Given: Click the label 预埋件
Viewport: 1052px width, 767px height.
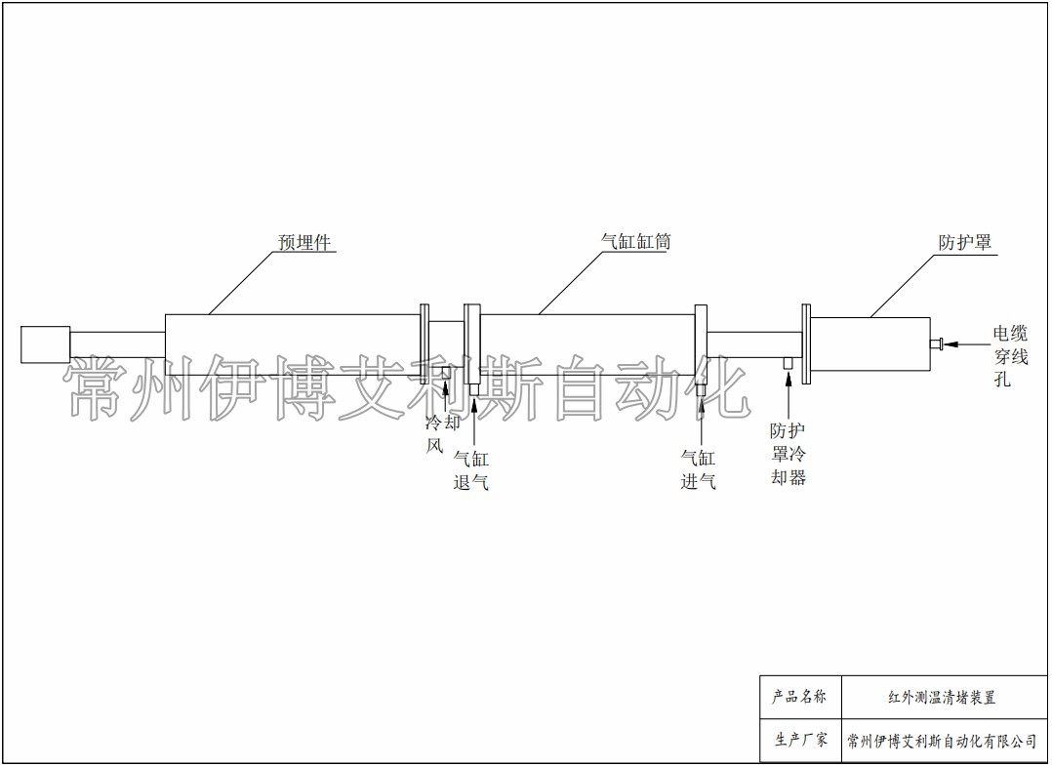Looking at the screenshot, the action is point(305,242).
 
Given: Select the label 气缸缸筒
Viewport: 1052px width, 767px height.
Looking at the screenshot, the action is point(636,241).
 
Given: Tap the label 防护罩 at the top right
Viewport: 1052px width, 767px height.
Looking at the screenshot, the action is point(965,242).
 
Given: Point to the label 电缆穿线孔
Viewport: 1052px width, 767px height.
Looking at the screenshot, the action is point(1010,355).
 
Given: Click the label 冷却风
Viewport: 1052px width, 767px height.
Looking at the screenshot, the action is point(443,434).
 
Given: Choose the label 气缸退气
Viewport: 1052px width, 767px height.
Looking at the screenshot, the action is point(471,470).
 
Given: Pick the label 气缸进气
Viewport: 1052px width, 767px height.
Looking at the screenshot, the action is point(699,469).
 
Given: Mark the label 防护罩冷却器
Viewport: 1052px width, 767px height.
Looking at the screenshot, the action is point(788,455).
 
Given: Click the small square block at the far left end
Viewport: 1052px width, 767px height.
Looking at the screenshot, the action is point(46,344).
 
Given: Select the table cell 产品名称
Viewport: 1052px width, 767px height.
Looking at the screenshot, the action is point(800,697).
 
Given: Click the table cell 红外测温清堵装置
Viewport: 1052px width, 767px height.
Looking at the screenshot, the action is point(944,697).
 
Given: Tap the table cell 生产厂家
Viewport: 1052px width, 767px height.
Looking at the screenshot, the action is point(800,741).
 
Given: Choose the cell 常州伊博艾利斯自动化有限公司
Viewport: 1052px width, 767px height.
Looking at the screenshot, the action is point(944,741).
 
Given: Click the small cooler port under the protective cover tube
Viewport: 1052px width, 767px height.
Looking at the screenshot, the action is point(789,362).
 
